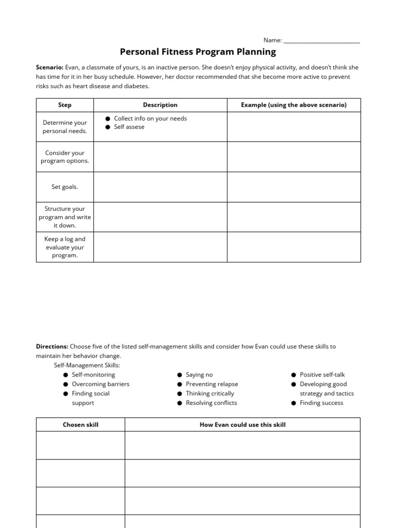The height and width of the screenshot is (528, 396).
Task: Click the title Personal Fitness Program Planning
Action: [x=198, y=52]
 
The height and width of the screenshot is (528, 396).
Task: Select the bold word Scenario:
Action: [x=49, y=68]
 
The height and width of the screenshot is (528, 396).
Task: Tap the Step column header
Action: [x=65, y=105]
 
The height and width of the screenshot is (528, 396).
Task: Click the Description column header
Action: [x=160, y=105]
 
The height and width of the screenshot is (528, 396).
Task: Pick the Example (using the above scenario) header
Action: [x=293, y=105]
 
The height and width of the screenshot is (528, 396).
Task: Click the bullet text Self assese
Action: [x=129, y=127]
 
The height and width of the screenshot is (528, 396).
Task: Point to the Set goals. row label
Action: [x=65, y=187]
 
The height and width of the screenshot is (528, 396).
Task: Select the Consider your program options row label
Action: [x=65, y=157]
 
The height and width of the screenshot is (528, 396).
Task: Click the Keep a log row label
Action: [x=65, y=247]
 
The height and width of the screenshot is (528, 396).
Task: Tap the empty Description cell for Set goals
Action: [x=160, y=187]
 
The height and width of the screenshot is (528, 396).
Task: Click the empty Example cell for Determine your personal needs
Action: [x=293, y=127]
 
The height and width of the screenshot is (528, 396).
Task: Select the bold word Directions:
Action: [x=52, y=346]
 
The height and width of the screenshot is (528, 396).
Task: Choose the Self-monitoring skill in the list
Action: [x=93, y=375]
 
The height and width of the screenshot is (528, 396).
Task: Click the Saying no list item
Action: [x=199, y=375]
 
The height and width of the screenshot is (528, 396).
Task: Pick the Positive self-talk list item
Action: [x=322, y=375]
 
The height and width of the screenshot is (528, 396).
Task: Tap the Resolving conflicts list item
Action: [x=211, y=403]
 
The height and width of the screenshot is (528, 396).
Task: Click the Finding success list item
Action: [x=321, y=403]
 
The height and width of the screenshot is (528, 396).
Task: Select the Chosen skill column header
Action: [x=80, y=425]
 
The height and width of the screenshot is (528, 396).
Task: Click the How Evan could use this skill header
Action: [x=242, y=425]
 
